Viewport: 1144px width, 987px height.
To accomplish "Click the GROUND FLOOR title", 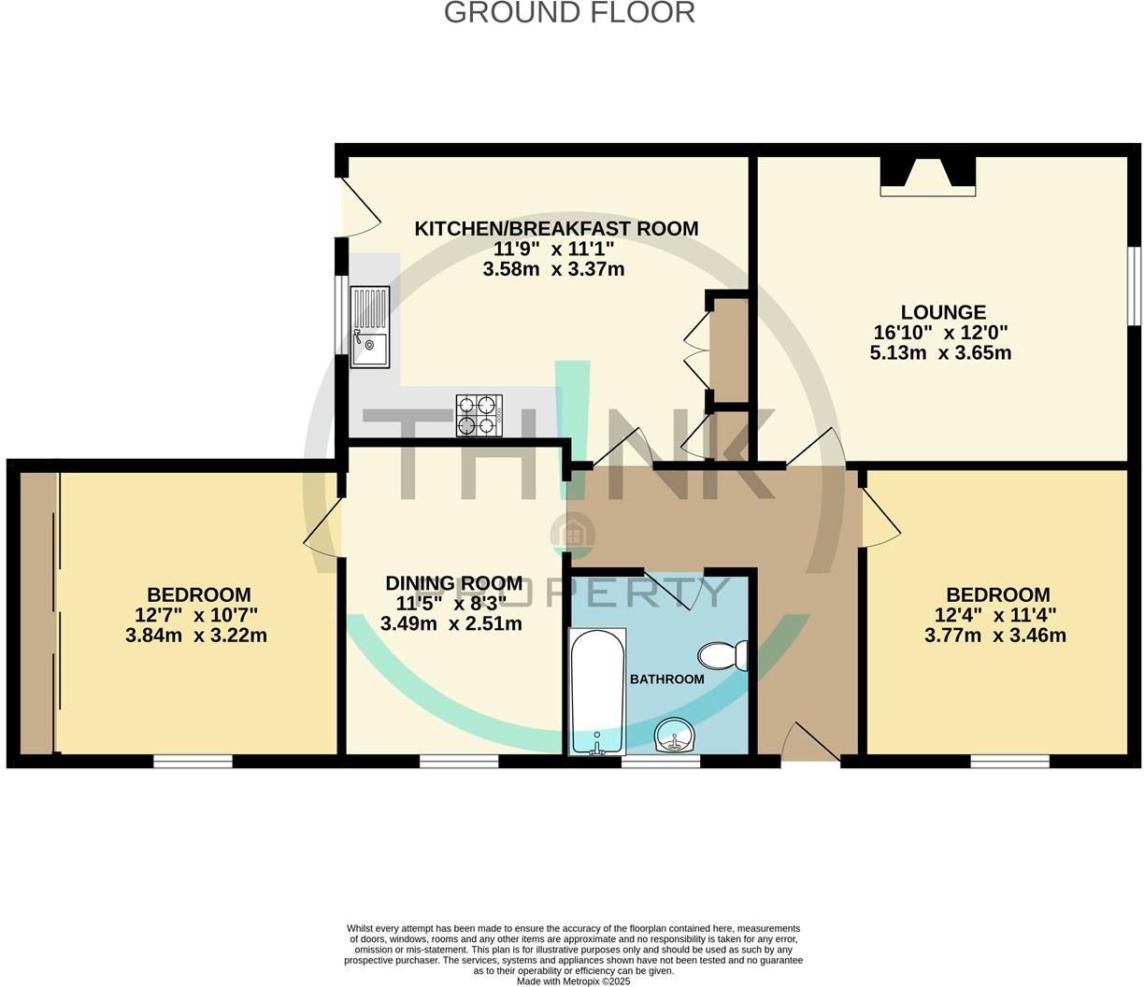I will pos(569,13).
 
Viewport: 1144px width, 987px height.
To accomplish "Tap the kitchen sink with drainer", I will pos(370,326).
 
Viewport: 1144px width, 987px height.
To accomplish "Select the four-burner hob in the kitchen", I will pos(479,416).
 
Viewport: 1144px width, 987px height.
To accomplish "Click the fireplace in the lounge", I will pos(927,176).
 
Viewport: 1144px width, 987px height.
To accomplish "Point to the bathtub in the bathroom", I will pos(596,692).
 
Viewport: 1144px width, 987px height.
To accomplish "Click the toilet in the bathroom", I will pos(722,655).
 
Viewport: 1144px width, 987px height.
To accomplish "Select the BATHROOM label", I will pos(666,679).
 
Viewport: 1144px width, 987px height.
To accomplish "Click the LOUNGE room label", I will pos(942,312).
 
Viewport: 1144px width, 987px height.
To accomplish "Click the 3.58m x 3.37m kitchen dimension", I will pos(553,270).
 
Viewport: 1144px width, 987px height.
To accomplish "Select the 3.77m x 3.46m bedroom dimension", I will pos(994,636).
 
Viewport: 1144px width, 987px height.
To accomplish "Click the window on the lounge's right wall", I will pos(1132,286).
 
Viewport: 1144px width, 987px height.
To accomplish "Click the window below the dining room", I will pos(458,762).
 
